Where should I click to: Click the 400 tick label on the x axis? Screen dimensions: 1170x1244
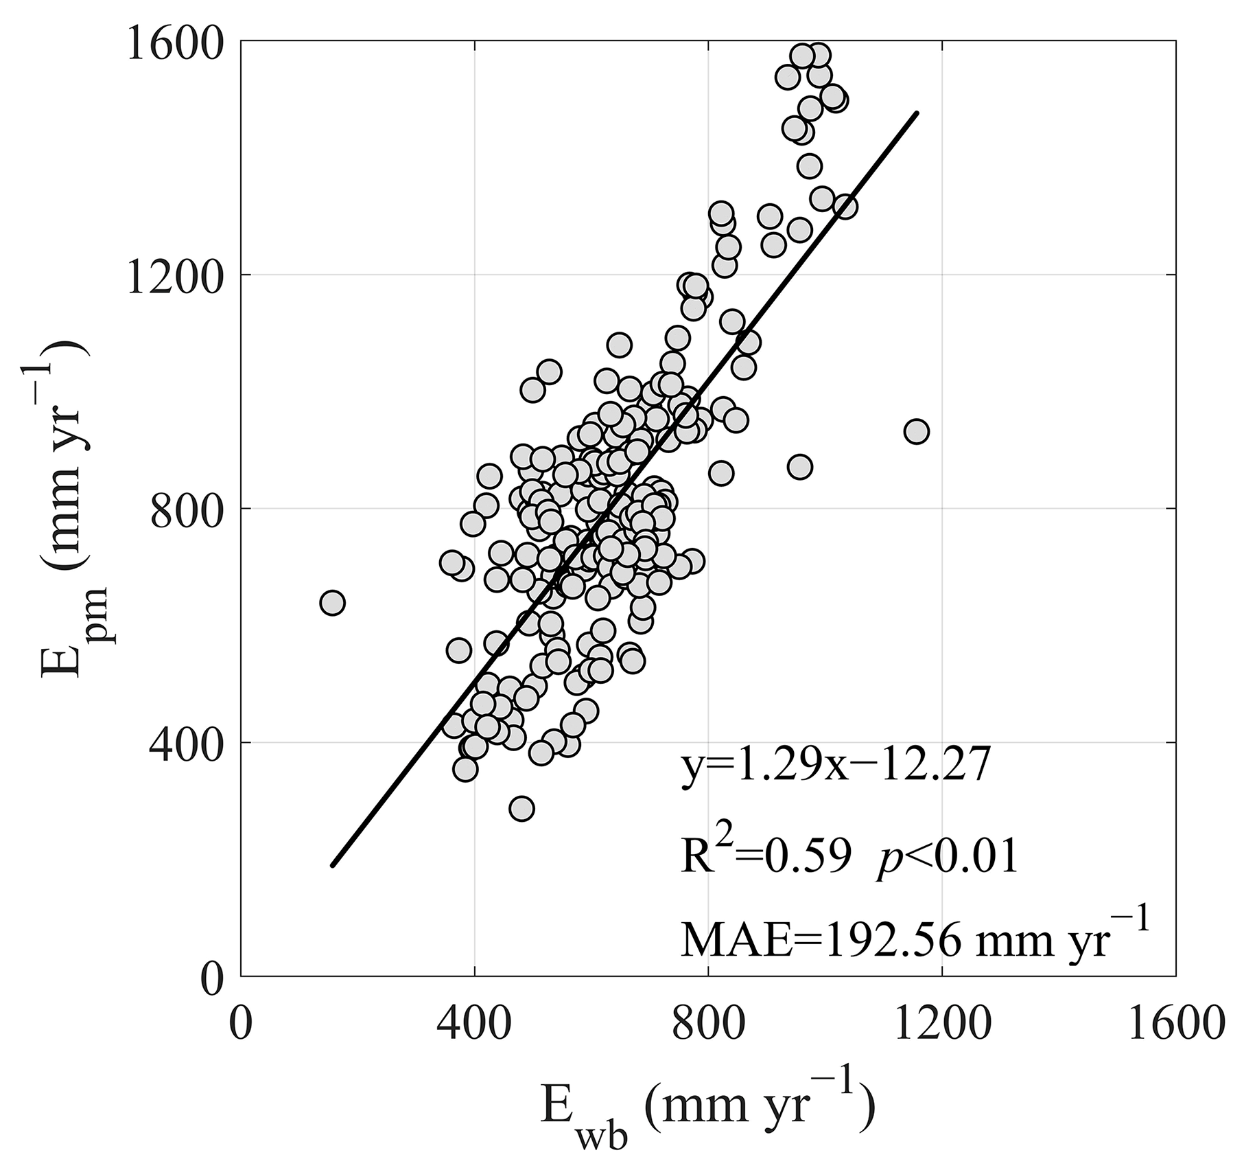tap(474, 1026)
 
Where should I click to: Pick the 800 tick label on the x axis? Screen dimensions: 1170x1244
tap(707, 1026)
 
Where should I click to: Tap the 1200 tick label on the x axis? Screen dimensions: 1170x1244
tap(941, 1026)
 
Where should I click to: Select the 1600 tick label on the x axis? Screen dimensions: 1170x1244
tap(1174, 1026)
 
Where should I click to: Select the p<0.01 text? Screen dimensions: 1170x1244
tap(947, 858)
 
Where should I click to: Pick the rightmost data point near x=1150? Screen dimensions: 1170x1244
tap(916, 432)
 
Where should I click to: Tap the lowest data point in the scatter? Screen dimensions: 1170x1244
tap(521, 809)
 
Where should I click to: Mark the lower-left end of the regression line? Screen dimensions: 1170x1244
tap(333, 865)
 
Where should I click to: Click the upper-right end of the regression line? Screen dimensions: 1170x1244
tap(917, 113)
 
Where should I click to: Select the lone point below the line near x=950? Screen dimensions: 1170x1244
tap(799, 467)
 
